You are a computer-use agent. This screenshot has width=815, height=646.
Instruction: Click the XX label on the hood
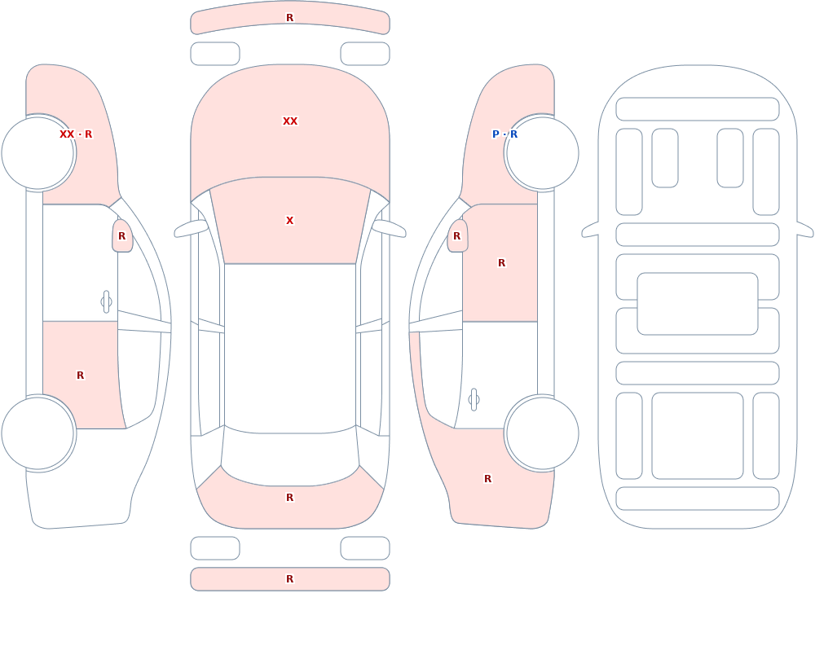(290, 121)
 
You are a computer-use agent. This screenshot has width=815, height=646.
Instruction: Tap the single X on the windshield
(290, 221)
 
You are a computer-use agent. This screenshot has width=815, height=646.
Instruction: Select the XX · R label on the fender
(76, 134)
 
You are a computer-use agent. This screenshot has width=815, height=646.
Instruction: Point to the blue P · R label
(504, 134)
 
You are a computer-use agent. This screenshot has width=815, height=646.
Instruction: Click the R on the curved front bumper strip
(290, 18)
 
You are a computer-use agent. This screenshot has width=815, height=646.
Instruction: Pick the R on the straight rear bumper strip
(290, 579)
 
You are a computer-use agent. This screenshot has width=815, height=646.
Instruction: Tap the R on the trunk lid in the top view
(290, 498)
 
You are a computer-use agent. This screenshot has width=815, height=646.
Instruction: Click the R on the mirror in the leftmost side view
(122, 236)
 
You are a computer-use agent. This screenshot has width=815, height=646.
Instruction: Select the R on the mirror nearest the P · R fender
(457, 236)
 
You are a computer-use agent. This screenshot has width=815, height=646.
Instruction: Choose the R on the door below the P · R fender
(501, 263)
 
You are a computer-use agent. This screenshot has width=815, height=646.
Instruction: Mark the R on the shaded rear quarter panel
(487, 479)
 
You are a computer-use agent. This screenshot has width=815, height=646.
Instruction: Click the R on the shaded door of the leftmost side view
(80, 376)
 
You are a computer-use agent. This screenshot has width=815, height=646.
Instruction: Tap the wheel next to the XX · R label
(37, 153)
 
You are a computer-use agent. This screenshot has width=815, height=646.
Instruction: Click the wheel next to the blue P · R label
(543, 153)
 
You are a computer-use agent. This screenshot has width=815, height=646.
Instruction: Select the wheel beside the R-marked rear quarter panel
(543, 433)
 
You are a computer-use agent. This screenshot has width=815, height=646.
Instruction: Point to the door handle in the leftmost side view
(106, 302)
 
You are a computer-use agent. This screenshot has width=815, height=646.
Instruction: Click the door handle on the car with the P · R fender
(474, 400)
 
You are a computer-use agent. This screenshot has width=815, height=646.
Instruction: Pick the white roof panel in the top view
(290, 348)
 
